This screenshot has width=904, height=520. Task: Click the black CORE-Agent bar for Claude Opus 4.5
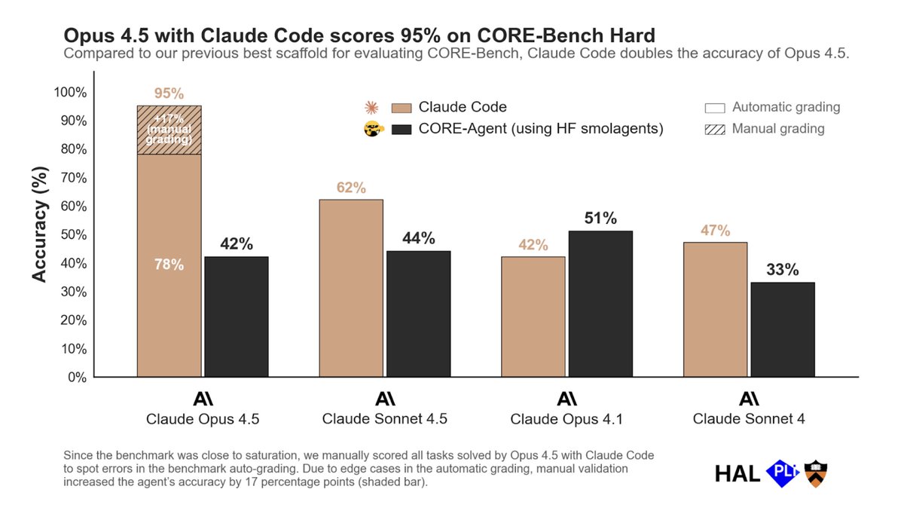(x=236, y=317)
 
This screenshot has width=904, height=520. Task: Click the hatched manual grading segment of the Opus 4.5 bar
(x=169, y=130)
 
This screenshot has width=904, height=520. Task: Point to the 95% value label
(x=169, y=94)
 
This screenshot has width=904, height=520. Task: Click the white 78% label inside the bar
(x=169, y=265)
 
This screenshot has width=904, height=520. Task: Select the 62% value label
(x=351, y=188)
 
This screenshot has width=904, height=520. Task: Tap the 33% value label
(x=783, y=270)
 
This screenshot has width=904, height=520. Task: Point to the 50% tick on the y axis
(x=73, y=235)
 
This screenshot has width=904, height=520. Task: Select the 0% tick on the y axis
(x=76, y=378)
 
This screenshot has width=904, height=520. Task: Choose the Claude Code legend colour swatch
(x=402, y=108)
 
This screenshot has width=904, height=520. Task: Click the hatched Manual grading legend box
(x=715, y=129)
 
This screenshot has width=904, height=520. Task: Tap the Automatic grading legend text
(x=786, y=107)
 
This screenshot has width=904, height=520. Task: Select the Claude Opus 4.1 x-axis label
(x=566, y=419)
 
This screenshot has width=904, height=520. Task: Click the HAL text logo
(x=737, y=473)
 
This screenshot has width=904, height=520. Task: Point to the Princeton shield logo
(x=816, y=473)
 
